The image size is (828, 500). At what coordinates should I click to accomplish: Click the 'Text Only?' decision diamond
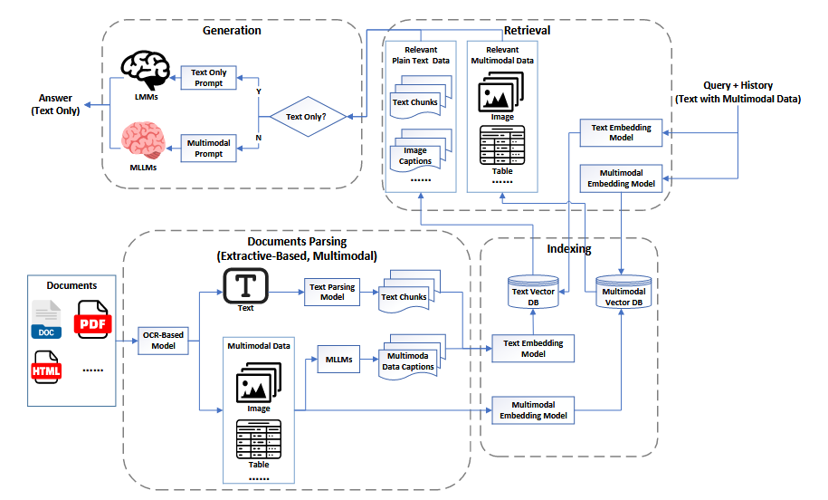[x=308, y=117]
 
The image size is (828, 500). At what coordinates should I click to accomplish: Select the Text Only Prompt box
[x=209, y=78]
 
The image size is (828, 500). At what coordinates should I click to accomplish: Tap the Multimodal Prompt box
[x=209, y=148]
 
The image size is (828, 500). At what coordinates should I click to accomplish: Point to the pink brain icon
[x=143, y=140]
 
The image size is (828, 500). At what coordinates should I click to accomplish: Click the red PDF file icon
[x=93, y=319]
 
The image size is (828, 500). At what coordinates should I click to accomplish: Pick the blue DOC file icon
[x=46, y=319]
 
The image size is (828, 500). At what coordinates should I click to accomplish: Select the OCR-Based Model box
[x=163, y=341]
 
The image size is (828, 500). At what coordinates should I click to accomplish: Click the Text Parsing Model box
[x=332, y=293]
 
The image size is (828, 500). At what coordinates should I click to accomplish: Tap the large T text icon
[x=245, y=285]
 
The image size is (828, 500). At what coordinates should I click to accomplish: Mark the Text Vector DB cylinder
[x=533, y=292]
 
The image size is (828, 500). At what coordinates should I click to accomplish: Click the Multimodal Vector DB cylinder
[x=623, y=292]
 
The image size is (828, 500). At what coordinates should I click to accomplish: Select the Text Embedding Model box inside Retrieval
[x=621, y=132]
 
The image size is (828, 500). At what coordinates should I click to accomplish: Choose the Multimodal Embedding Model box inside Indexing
[x=533, y=410]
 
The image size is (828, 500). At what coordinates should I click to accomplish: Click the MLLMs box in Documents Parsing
[x=338, y=360]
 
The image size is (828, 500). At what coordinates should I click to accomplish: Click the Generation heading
[x=232, y=31]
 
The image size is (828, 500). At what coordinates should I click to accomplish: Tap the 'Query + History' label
[x=738, y=85]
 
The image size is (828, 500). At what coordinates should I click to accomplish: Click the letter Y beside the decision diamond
[x=259, y=91]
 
